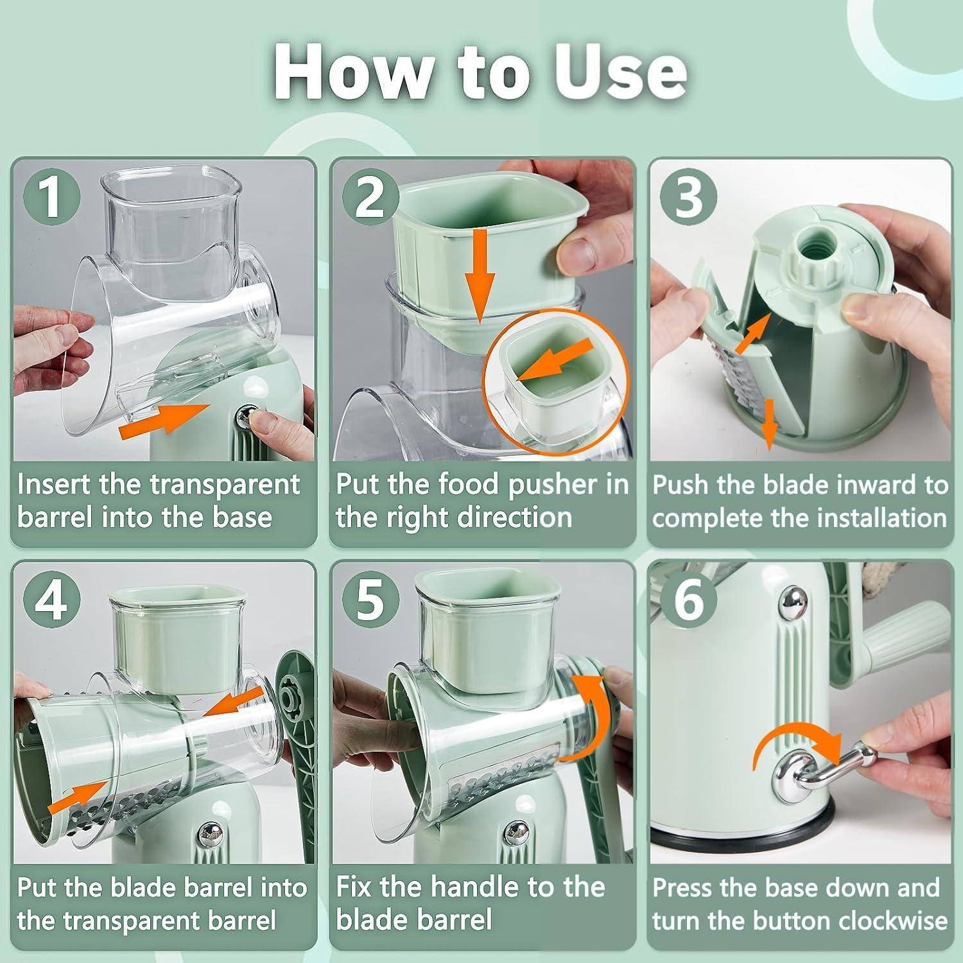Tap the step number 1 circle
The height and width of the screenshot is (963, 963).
pos(51,196)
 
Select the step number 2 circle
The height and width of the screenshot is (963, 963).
pos(369,196)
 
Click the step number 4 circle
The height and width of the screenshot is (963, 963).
pos(51,600)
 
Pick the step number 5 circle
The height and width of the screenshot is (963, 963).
pos(369,600)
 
